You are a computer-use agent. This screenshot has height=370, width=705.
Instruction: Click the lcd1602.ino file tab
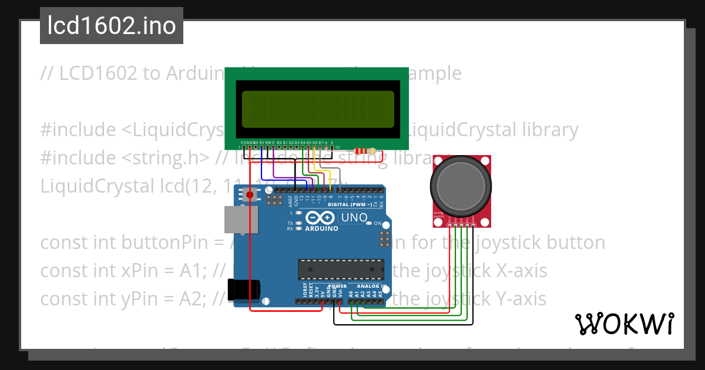pos(111,26)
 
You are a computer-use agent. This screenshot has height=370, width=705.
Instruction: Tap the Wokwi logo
pos(624,324)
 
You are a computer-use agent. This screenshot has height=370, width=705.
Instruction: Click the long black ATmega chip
pos(341,268)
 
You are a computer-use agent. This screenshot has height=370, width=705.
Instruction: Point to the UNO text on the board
pos(355,218)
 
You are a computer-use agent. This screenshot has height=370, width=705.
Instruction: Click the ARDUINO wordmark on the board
pos(321,228)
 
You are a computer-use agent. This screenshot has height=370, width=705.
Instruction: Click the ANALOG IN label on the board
pos(371,287)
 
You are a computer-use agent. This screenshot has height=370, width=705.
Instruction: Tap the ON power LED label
pos(378,224)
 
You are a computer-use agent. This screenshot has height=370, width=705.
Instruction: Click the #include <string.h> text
pos(125,157)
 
